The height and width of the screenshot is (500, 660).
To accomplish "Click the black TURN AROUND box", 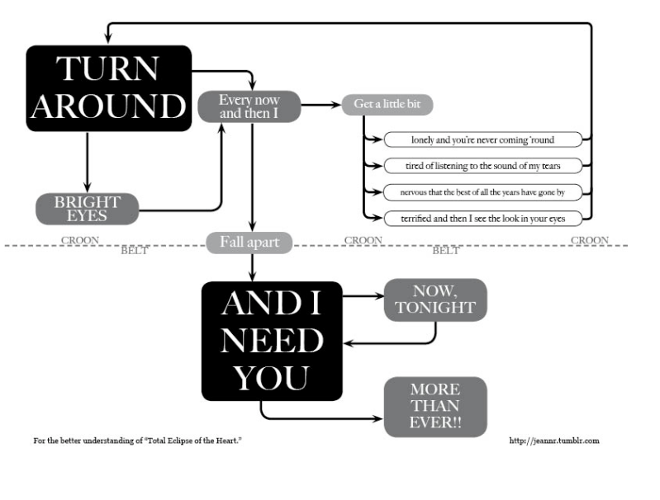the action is point(108,88).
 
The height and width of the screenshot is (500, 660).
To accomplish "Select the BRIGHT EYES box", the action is point(87,209).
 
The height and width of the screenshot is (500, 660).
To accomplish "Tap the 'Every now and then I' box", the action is point(249,106).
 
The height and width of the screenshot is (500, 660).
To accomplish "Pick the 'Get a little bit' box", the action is point(387,104).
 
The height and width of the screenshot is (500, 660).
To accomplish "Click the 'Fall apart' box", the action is point(249,243).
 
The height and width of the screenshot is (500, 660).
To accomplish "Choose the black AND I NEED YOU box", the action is point(272,341).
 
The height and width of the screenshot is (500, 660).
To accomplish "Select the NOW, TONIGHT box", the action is point(435,300).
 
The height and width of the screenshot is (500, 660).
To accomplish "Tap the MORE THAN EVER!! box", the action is point(435,407).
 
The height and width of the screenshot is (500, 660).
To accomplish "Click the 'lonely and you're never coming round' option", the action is point(482,139).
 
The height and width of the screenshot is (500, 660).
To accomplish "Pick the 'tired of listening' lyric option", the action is point(482,166).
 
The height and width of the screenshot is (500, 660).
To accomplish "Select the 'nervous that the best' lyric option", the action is point(482,192).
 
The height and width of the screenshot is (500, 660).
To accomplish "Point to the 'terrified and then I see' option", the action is point(482,219).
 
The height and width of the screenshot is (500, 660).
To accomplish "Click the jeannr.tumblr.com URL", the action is point(554,441).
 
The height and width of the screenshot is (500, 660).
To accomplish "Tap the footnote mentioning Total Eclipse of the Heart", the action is point(138,441).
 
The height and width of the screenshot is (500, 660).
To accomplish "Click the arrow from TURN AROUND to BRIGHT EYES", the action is point(87,163).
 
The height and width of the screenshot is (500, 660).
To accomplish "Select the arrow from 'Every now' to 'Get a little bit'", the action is point(321,105).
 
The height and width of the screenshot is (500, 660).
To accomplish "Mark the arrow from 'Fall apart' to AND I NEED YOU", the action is point(252,267).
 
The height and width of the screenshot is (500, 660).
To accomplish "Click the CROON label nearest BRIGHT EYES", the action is point(80,240).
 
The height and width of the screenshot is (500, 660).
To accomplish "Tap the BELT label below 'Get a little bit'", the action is point(446,251).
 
